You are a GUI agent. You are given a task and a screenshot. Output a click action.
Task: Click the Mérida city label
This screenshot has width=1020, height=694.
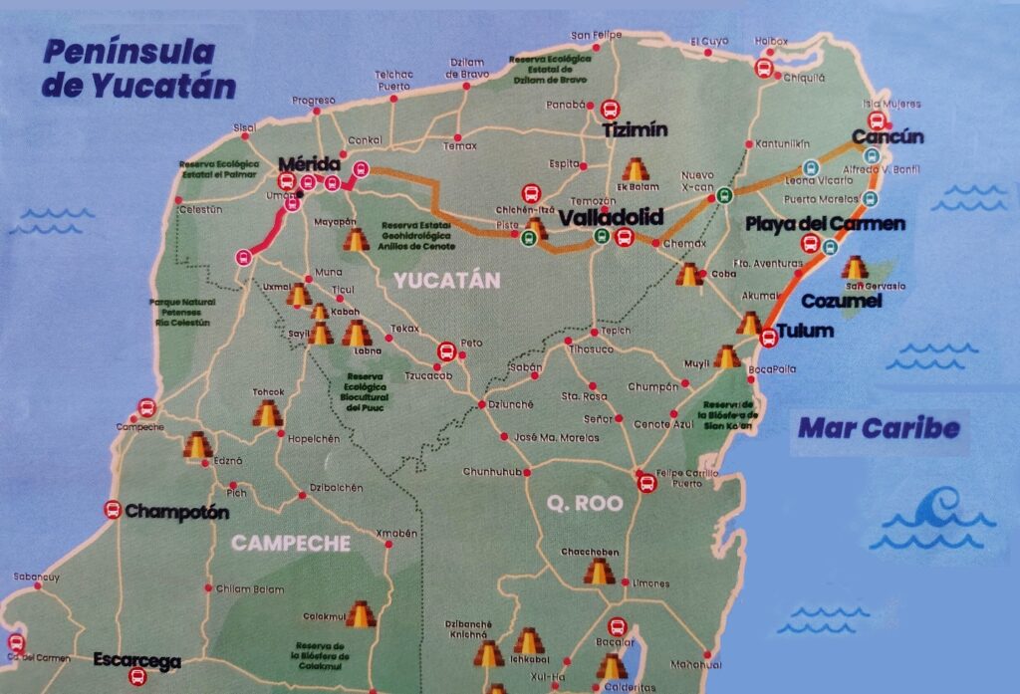point(310,163)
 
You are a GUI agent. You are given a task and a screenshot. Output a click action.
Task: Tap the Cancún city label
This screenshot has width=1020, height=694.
point(888,137)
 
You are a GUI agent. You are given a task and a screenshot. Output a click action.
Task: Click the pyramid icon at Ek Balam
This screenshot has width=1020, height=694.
point(634,169)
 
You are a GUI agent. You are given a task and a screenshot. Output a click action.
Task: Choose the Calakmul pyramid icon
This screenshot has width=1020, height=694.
point(361,615)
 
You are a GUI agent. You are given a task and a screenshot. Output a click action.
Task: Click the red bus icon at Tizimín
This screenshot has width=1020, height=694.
point(609,109)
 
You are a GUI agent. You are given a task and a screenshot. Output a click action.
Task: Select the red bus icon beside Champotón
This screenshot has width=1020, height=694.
point(113,511)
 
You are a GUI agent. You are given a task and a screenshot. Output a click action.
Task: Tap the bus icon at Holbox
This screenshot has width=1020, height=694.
point(765,68)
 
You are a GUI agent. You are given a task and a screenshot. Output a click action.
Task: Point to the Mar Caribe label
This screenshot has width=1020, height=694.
point(879,429)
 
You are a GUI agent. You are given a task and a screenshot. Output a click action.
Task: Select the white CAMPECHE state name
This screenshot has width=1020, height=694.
point(291,544)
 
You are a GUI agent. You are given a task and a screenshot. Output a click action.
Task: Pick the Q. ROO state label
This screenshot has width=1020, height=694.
point(586,503)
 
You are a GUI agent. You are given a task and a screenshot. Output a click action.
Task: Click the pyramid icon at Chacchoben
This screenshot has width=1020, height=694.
point(598,571)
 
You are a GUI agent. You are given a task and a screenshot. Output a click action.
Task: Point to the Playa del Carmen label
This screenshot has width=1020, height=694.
point(826,223)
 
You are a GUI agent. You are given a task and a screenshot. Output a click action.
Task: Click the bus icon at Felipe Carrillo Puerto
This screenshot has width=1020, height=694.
point(645,483)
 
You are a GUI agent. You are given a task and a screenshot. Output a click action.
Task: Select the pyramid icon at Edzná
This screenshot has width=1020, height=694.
point(198,445)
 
